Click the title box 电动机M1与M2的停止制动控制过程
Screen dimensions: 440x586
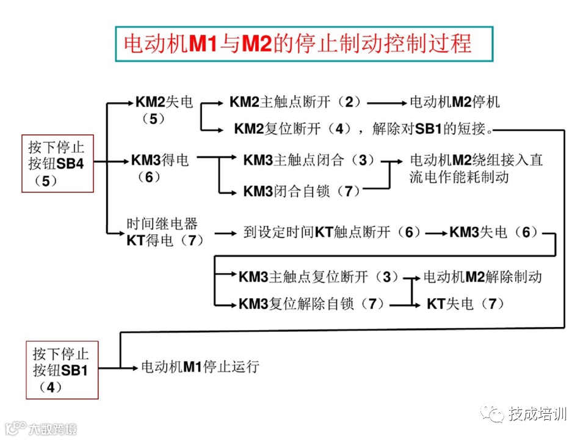tap(303, 44)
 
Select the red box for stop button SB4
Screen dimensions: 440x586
tap(57, 163)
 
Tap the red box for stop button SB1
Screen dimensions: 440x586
tap(62, 370)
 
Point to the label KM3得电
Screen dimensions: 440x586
tap(160, 161)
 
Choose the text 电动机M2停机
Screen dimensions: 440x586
tap(454, 102)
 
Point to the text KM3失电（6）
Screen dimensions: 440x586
tap(494, 232)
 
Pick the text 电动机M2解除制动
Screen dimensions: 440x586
tap(482, 276)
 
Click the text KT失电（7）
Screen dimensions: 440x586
tap(466, 304)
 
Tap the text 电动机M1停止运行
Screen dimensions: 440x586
tap(200, 367)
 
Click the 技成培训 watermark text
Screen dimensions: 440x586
tap(537, 414)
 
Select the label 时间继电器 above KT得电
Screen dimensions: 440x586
tap(162, 224)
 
